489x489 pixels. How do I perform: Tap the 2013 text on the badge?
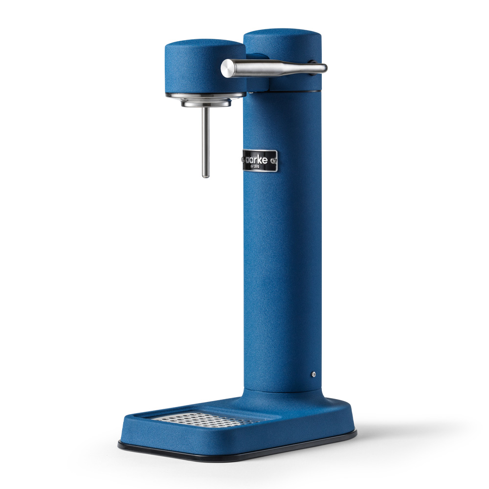click(260, 167)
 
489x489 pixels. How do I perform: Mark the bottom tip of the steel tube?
click(206, 175)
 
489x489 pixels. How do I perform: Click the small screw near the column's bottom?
click(313, 374)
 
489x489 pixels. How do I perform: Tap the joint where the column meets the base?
click(284, 394)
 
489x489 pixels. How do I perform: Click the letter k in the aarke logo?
click(263, 159)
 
